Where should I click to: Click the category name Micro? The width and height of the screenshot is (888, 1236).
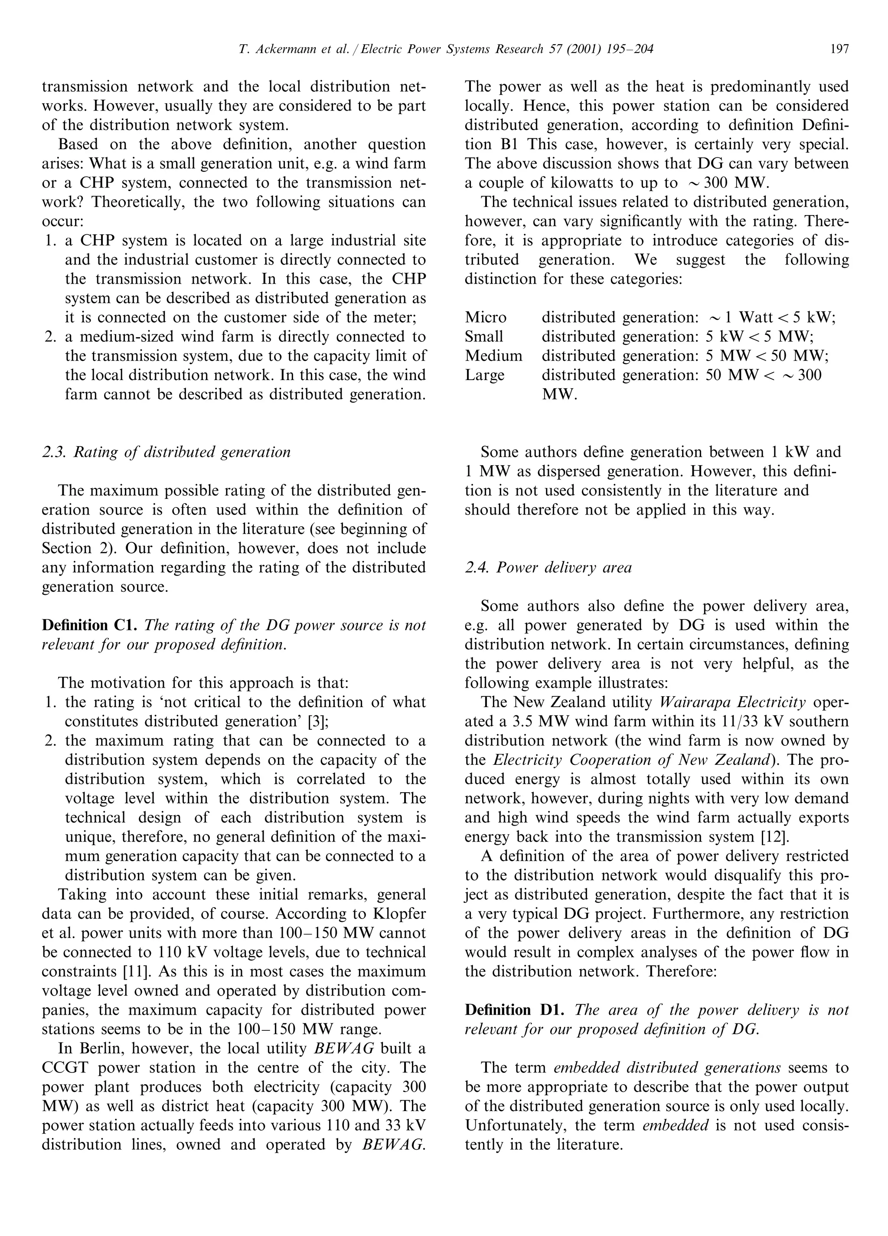tap(485, 318)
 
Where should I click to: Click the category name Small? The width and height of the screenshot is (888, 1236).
tap(484, 337)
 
